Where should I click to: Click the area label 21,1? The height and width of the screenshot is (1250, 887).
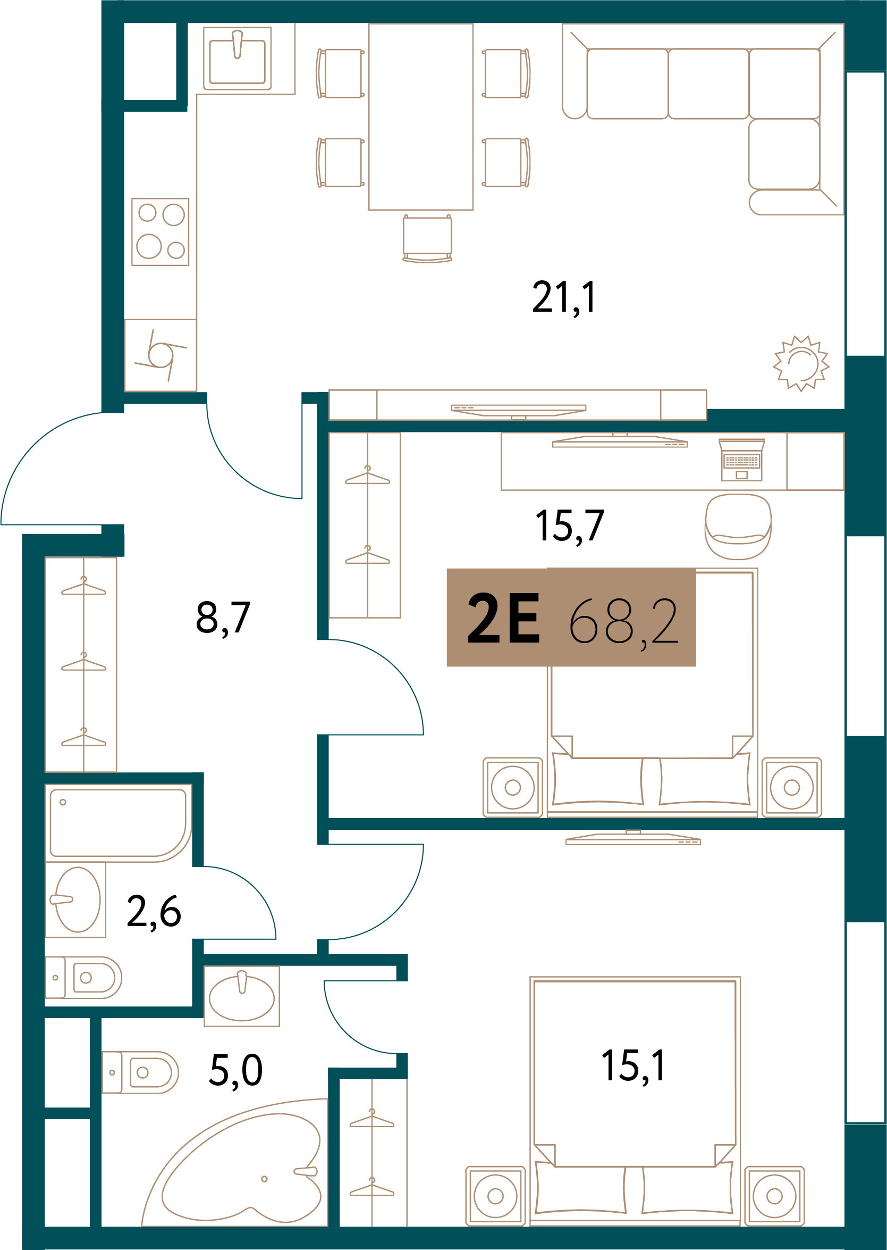pos(564,297)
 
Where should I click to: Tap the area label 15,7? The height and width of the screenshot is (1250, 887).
pos(570,527)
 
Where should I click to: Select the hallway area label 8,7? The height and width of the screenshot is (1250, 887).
pos(223,618)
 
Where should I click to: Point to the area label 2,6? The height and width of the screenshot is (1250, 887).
pos(154,912)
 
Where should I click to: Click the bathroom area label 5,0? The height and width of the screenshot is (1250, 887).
pos(236,1070)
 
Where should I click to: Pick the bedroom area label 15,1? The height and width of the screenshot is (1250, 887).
pos(633,1066)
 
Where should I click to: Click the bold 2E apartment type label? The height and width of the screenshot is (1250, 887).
pos(504,618)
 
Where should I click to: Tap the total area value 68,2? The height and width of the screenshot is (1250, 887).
pos(623,620)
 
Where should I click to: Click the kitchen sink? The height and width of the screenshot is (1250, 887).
pos(238,59)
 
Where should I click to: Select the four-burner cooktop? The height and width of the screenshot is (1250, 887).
pos(160,232)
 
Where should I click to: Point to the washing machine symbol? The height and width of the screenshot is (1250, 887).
pos(160,355)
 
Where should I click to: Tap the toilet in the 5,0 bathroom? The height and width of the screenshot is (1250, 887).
pos(140,1072)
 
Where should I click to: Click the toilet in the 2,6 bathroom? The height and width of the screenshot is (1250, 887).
pos(83,978)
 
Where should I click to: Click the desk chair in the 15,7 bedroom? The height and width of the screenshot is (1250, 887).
pos(738,527)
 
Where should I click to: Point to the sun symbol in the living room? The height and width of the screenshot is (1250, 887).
pos(801,363)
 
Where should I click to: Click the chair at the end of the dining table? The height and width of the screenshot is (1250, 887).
pos(427,238)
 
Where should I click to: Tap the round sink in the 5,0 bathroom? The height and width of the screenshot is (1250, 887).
pos(242,996)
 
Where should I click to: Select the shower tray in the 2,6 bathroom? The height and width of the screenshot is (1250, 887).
pos(118,823)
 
